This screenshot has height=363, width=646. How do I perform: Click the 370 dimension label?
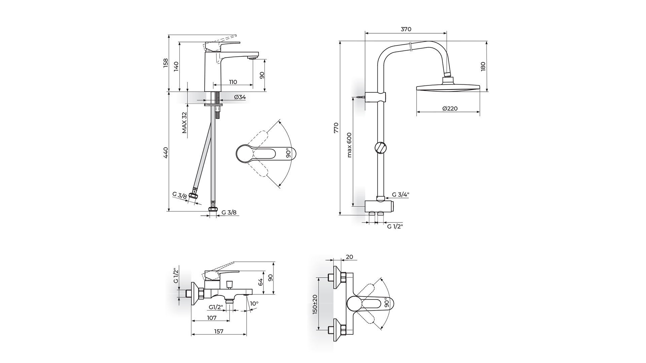click(x=406, y=29)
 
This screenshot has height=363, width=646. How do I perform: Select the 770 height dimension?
click(x=336, y=128)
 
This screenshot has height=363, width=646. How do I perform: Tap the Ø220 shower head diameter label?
click(x=450, y=109)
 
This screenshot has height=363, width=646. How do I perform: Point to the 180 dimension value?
click(x=483, y=66)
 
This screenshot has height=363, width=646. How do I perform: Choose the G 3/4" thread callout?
click(x=401, y=195)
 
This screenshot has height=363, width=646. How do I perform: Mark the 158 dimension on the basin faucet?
click(x=166, y=63)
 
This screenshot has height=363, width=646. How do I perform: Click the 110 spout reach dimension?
click(x=233, y=82)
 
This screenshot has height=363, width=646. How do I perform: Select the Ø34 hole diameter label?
click(x=240, y=97)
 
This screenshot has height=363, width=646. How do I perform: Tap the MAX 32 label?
click(x=184, y=122)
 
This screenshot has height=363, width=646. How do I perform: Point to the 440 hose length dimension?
click(x=166, y=153)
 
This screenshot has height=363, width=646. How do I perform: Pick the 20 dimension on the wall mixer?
click(x=349, y=257)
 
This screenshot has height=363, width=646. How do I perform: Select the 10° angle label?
click(x=254, y=304)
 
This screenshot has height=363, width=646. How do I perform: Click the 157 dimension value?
click(x=219, y=331)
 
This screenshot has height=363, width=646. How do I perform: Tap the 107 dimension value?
click(x=211, y=318)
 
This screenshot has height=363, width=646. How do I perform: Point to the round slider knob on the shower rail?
click(x=380, y=148)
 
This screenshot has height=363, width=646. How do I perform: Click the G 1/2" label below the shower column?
click(x=395, y=226)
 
